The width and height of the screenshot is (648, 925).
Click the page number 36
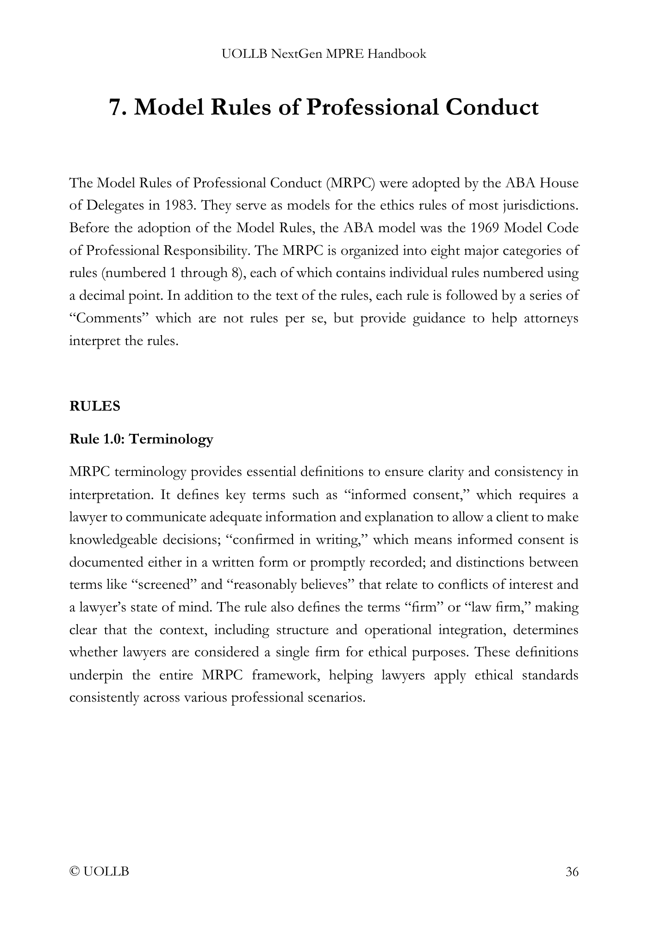coord(572,872)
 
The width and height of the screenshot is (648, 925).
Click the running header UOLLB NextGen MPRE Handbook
coord(324,54)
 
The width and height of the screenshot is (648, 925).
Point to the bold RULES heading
coord(94,406)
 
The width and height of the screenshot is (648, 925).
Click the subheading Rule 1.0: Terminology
coord(141,438)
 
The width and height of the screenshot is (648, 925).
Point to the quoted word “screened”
coord(163,585)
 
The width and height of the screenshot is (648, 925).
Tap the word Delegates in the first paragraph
coord(113,205)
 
